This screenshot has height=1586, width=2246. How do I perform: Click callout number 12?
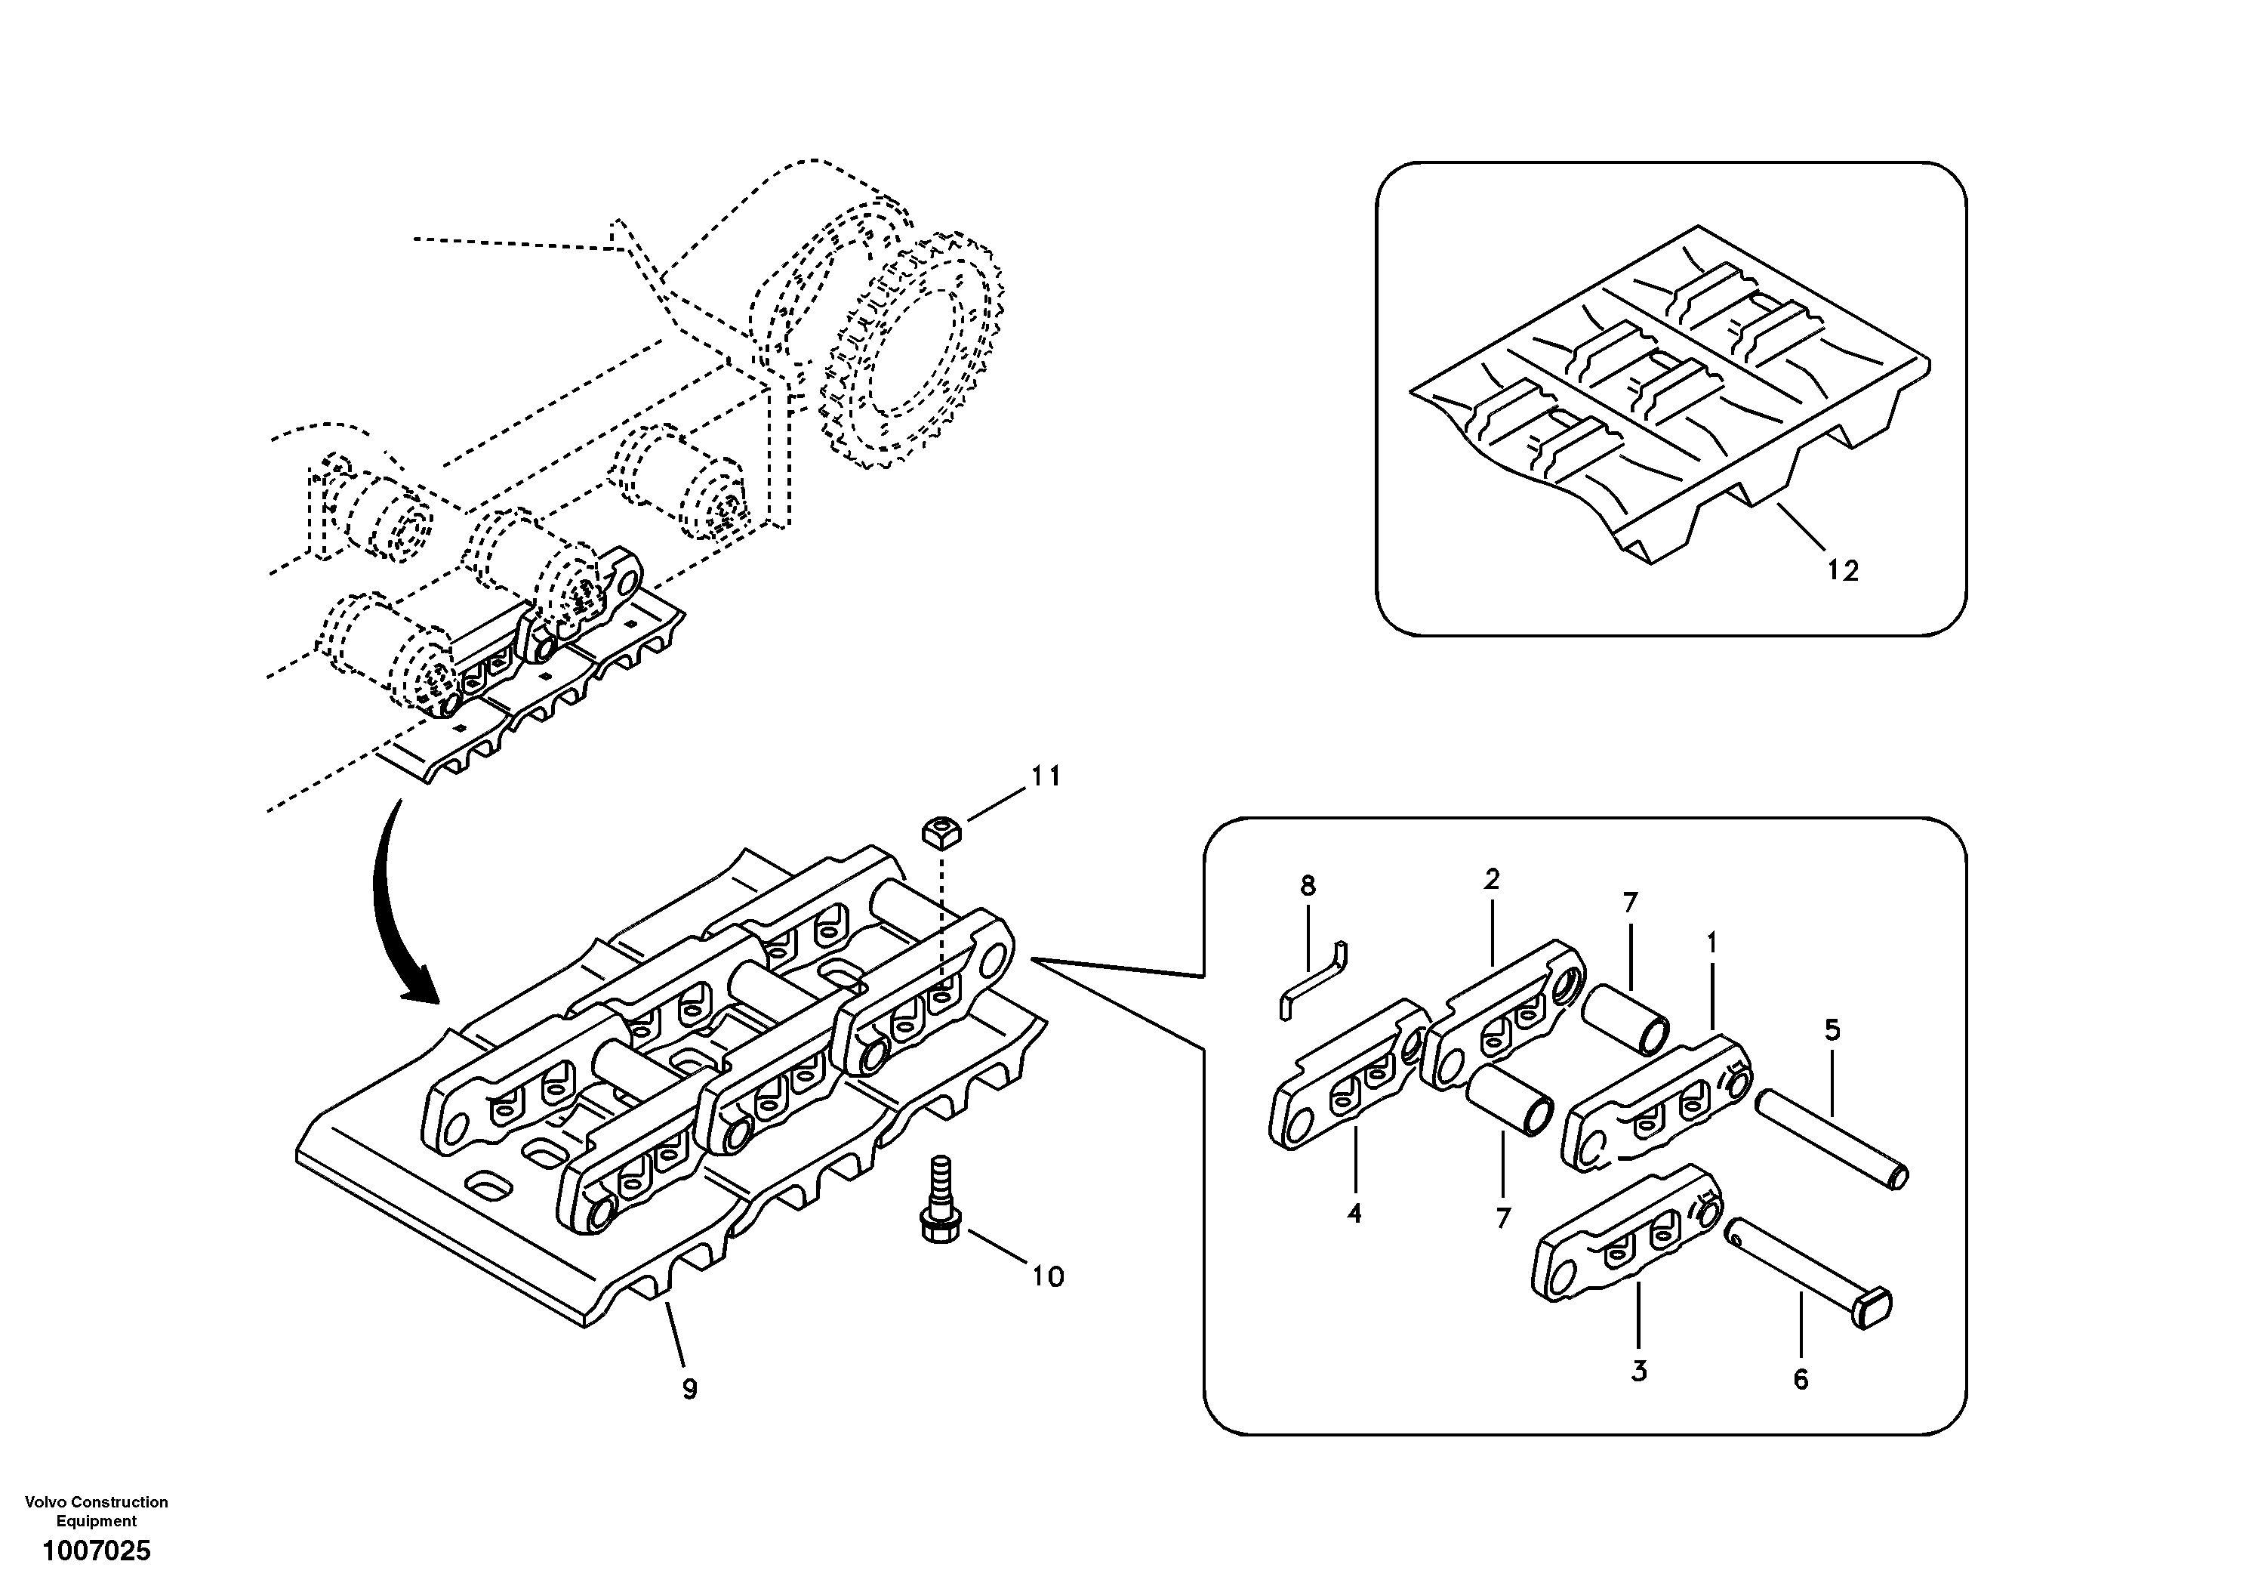[1842, 570]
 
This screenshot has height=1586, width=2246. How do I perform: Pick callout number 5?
[1832, 1030]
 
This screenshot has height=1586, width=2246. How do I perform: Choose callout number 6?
[1801, 1380]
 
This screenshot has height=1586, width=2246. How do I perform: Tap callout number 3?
[1640, 1371]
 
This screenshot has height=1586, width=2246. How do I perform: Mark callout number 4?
[1354, 1214]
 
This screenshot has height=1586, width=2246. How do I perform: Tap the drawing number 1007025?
[96, 1551]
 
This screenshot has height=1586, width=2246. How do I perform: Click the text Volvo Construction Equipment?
[96, 1510]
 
